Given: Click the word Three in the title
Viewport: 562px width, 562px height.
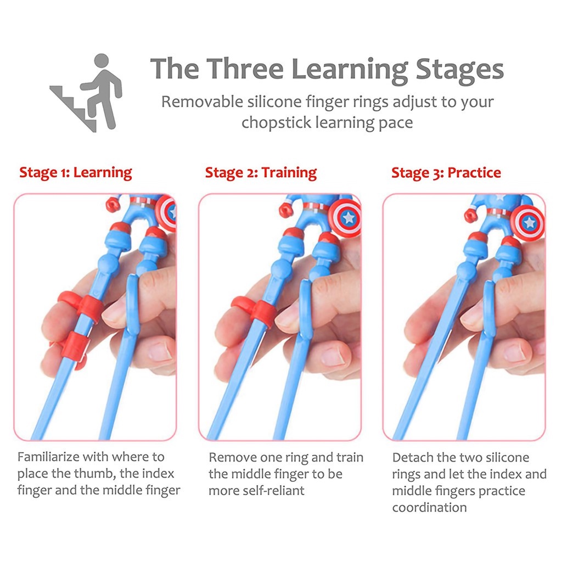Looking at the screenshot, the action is tap(245, 69).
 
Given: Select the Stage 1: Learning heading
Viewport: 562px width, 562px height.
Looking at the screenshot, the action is tap(76, 172).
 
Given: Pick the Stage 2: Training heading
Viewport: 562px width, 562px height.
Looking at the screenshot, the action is tap(261, 173).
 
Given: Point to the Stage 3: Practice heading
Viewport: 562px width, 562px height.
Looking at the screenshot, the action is tap(446, 173).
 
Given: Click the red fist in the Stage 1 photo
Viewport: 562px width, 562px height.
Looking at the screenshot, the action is tap(113, 205).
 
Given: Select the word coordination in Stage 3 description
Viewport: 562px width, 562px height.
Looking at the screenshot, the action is tap(429, 507).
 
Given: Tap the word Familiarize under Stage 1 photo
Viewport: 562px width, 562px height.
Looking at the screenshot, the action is tap(48, 457).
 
